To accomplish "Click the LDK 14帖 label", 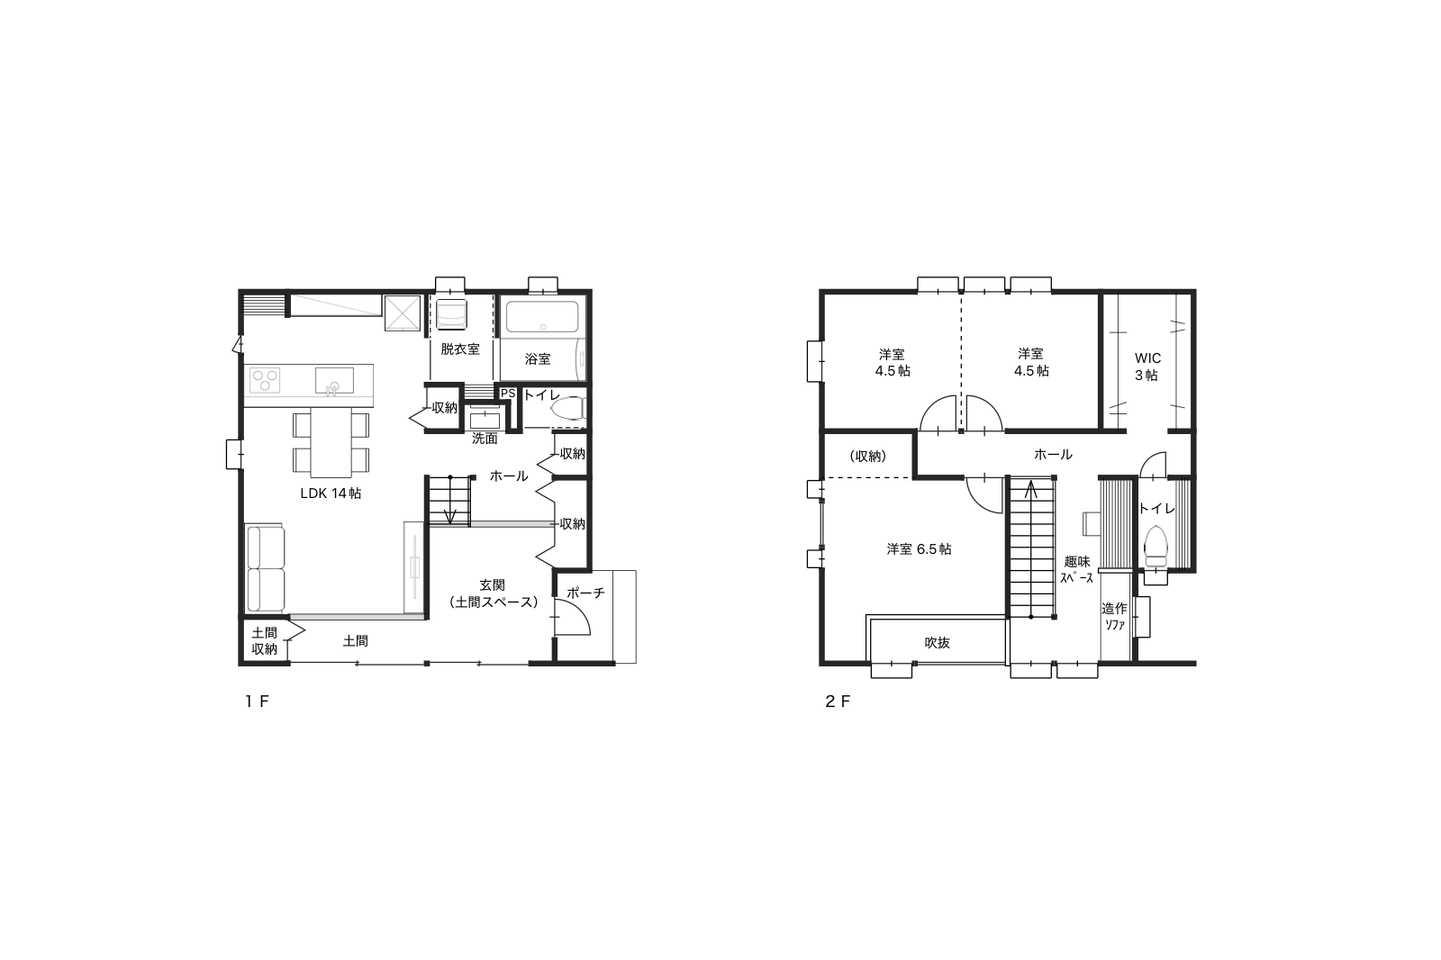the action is point(331,494).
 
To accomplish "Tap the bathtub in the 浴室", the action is point(541,317).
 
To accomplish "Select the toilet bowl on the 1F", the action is point(566,408).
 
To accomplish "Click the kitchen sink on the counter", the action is point(334,380).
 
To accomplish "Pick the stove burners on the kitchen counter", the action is point(265,380).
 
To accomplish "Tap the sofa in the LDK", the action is point(265,568).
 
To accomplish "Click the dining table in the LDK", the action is point(331,442).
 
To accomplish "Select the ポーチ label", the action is point(585,593).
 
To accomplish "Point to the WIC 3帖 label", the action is point(1147,367).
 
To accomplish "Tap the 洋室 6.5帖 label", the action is point(919,548).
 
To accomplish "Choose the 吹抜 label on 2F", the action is point(937,642).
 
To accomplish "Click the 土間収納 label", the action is point(265,641).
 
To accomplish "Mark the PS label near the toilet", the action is point(508,394).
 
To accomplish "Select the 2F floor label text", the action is point(838,702).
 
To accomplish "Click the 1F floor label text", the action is point(257,702).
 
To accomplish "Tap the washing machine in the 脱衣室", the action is point(451,313).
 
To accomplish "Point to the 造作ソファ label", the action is point(1114,616).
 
